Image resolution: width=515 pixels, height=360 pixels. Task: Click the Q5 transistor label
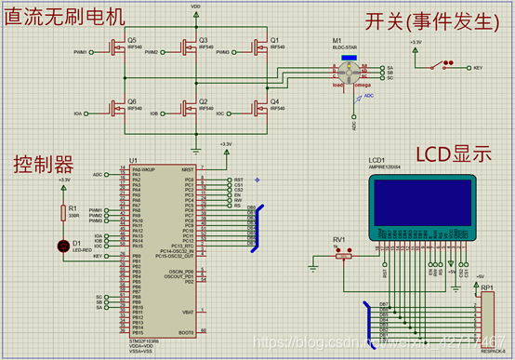pyautogui.click(x=132, y=40)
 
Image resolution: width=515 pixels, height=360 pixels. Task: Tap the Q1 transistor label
pyautogui.click(x=274, y=40)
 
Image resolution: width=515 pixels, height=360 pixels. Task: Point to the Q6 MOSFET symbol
pyautogui.click(x=116, y=109)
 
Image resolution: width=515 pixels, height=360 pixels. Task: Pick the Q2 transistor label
pyautogui.click(x=204, y=100)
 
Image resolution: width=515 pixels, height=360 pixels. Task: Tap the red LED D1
pyautogui.click(x=63, y=247)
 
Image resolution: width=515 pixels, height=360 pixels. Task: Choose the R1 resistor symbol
pyautogui.click(x=63, y=212)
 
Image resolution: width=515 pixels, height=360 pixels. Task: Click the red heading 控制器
pyautogui.click(x=42, y=166)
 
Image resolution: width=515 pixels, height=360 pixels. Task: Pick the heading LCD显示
pyautogui.click(x=453, y=154)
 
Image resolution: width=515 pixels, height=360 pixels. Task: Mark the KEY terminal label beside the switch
pyautogui.click(x=478, y=68)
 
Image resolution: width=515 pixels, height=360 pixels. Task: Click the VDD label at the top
pyautogui.click(x=195, y=6)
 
